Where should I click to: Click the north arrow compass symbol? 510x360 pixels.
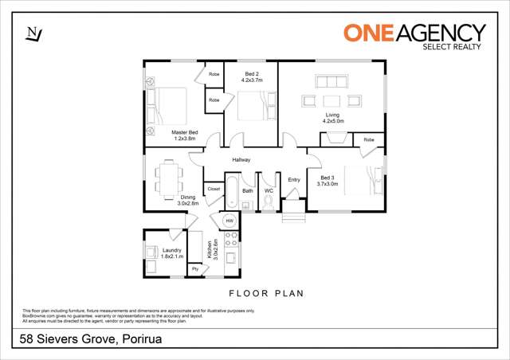[x=33, y=33]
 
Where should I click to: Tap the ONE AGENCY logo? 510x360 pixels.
[x=414, y=34]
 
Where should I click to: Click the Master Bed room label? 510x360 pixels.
[x=185, y=135]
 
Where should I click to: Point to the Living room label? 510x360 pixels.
[x=332, y=118]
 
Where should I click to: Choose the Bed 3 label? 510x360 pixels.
[x=328, y=181]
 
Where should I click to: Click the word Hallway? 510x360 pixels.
[x=241, y=160]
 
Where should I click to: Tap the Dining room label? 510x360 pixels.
[x=187, y=200]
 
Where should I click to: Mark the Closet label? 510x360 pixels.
[x=214, y=189]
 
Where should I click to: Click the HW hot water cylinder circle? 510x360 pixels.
[x=229, y=221]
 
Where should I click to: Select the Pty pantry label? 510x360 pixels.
[x=194, y=268]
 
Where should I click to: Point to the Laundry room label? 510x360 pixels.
[x=171, y=254]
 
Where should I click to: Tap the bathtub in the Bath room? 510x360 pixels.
[x=233, y=193]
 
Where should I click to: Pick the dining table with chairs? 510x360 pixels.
[x=167, y=179]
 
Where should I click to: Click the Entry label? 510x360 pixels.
[x=294, y=180]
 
